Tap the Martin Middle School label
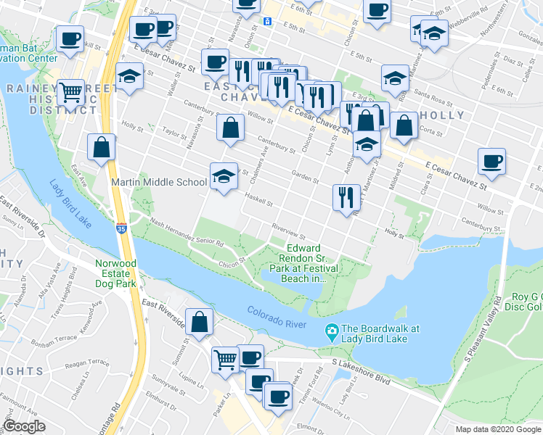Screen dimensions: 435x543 160,181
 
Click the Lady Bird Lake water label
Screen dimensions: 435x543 70,204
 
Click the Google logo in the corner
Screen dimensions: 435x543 25,426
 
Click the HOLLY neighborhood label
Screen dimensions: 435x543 446,115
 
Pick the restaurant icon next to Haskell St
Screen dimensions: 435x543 346,198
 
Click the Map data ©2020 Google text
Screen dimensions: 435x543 498,428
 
